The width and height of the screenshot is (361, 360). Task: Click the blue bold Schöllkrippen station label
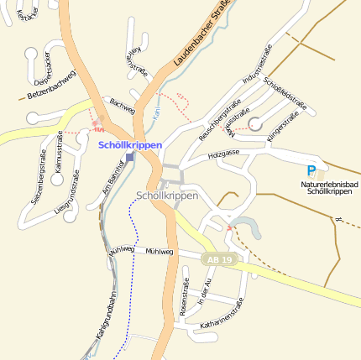coord(130,145)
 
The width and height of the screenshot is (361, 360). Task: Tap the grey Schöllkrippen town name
coord(166,196)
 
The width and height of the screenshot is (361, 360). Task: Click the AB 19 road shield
coord(217,260)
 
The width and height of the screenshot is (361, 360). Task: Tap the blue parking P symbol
coord(311,170)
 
